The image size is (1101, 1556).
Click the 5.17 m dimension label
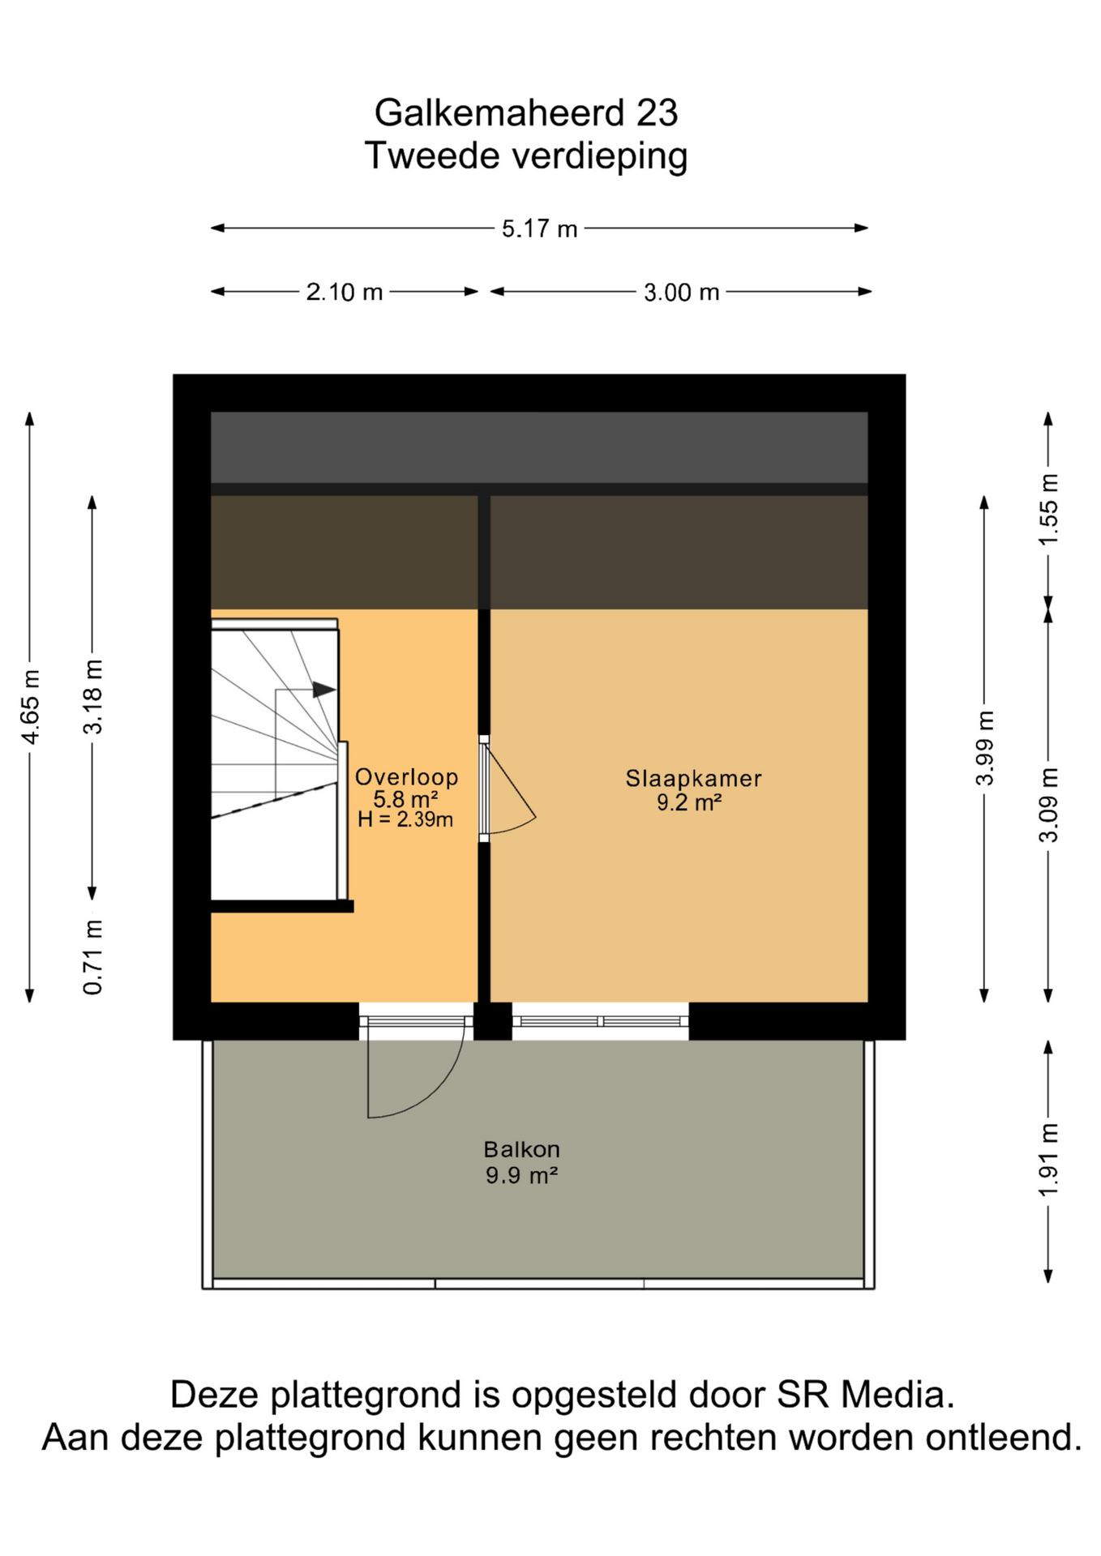(539, 229)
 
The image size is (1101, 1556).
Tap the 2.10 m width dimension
(344, 292)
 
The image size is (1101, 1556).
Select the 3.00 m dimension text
(681, 292)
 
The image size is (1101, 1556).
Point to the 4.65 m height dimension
(30, 707)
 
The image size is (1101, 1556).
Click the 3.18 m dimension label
(93, 697)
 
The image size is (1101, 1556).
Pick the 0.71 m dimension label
(93, 957)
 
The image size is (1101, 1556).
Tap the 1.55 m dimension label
(1048, 510)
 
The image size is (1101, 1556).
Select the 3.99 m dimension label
(984, 748)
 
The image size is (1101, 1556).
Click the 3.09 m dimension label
(1048, 806)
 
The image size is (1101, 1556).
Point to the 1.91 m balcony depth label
(1048, 1160)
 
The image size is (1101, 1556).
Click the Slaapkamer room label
(693, 779)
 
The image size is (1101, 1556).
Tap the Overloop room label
(406, 777)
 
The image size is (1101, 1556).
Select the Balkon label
(521, 1149)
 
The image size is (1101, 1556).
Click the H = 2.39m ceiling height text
(405, 819)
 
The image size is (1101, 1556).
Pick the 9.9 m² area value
(521, 1174)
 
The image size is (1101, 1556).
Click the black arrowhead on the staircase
(324, 690)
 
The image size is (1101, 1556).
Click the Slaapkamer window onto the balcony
(600, 1021)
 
